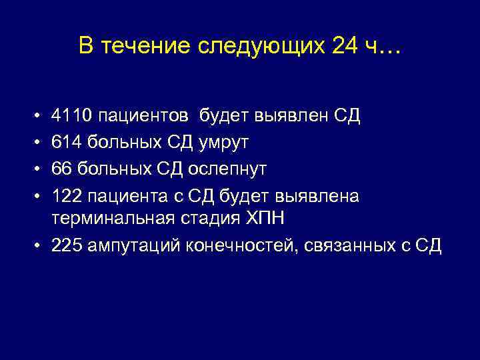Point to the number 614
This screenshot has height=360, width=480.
click(x=67, y=143)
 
